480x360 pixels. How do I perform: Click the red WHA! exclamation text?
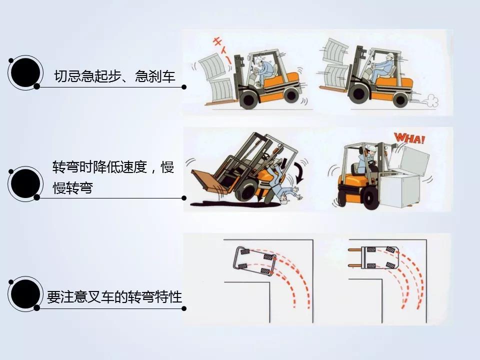point(409,138)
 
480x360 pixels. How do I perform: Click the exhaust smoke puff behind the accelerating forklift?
point(431,101)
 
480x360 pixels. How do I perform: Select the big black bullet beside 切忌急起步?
point(25,73)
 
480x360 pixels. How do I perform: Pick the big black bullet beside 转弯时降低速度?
point(25,183)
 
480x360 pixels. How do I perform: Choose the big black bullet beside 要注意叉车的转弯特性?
point(25,294)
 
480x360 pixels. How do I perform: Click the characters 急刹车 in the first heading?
point(155,76)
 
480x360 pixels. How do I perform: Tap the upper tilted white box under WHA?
point(408,160)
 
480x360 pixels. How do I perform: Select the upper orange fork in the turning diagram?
point(355,250)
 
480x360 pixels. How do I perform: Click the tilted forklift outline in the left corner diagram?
point(254,261)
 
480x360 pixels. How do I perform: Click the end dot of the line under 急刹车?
point(184,87)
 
